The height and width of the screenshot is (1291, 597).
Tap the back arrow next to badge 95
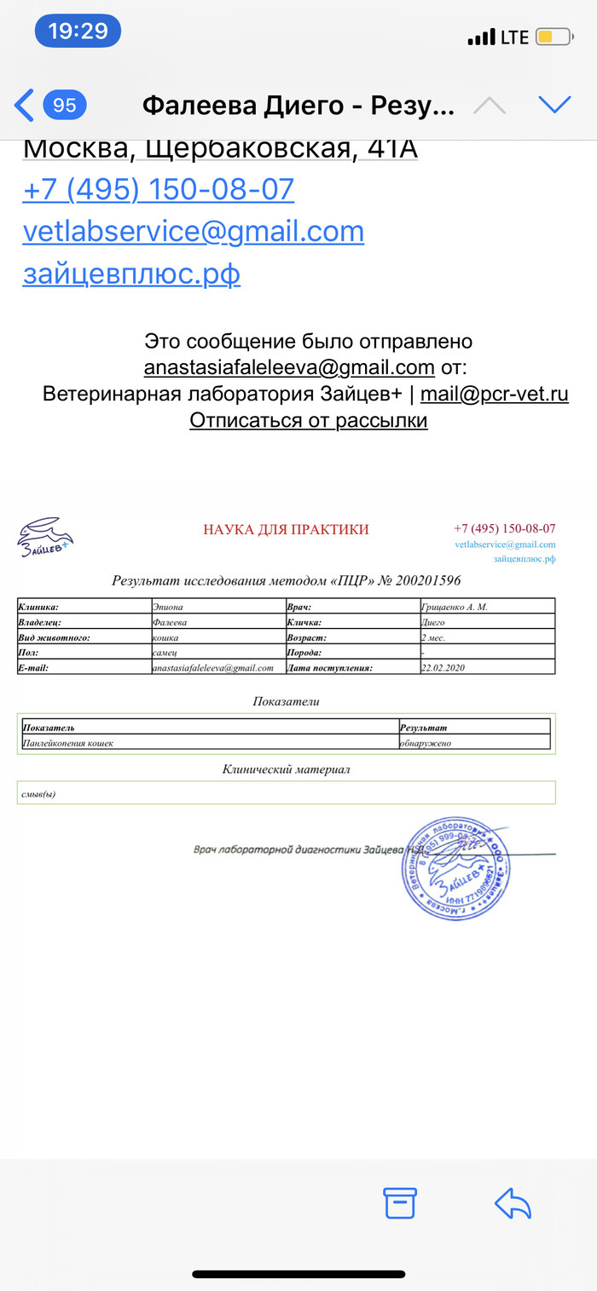click(x=25, y=105)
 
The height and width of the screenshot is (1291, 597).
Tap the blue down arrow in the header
click(x=554, y=105)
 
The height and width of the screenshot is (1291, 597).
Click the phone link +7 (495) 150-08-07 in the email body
click(x=158, y=189)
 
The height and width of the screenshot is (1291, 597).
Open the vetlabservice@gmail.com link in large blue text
click(x=193, y=232)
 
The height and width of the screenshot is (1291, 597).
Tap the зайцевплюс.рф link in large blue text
click(x=131, y=274)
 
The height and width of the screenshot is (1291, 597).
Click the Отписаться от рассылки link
click(x=308, y=420)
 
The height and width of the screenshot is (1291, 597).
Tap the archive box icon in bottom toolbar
click(x=400, y=1202)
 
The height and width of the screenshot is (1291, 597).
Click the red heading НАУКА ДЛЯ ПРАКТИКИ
click(x=286, y=529)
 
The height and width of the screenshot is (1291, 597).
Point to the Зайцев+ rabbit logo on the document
click(x=45, y=538)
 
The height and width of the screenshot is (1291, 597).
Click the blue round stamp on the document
click(x=456, y=868)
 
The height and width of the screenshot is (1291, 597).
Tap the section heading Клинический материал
click(x=286, y=769)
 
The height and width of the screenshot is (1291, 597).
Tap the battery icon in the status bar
click(x=553, y=37)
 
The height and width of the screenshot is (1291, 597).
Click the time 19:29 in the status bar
click(x=78, y=32)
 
